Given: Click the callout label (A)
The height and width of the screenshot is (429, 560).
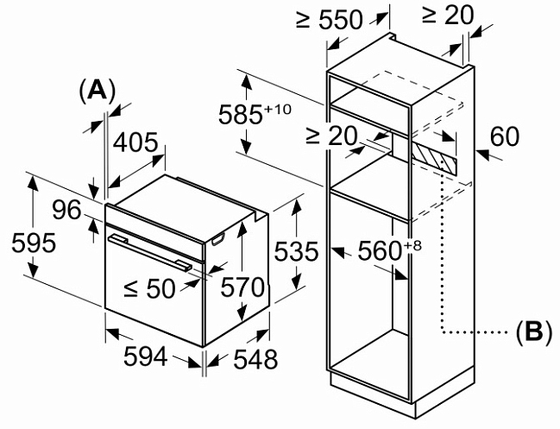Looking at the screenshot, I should pyautogui.click(x=96, y=90).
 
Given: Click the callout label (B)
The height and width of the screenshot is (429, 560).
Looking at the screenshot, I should pyautogui.click(x=533, y=331).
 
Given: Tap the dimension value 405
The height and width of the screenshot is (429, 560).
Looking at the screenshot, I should pyautogui.click(x=137, y=142).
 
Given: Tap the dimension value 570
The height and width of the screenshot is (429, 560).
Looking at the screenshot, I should pyautogui.click(x=242, y=287).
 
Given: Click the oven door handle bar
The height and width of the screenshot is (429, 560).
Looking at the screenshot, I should pyautogui.click(x=150, y=250).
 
